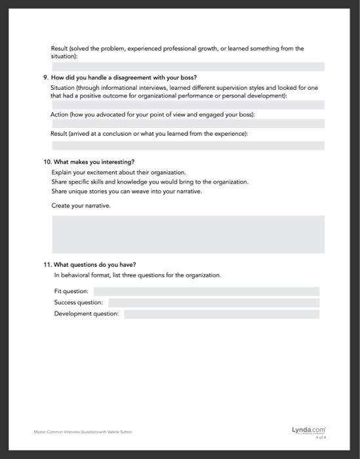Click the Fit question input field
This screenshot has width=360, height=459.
pos(207,291)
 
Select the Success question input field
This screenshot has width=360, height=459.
pos(214,303)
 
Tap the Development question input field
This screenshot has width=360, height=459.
pos(222,314)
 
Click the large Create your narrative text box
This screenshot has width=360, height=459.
pos(188,234)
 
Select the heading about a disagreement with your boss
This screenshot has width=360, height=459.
pos(119,77)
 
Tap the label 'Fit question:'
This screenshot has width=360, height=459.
pos(71,291)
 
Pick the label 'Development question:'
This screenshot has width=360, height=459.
pos(87,314)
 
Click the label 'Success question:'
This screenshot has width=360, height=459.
pos(79,303)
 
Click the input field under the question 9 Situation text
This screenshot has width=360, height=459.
pos(188,105)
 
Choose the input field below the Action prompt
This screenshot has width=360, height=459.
pos(188,123)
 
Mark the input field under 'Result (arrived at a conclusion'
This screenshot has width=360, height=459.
pos(188,146)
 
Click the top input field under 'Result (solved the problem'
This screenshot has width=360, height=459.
pos(188,66)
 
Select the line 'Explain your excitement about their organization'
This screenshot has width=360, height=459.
pos(118,172)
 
